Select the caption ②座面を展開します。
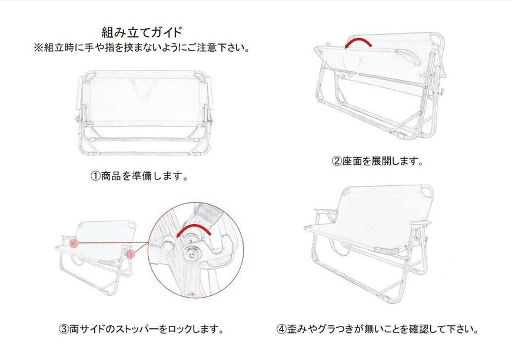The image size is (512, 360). (x=377, y=161)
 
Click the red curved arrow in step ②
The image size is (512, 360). (x=359, y=42)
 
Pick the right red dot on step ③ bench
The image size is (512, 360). (x=129, y=254)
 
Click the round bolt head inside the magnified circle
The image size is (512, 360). (x=191, y=254)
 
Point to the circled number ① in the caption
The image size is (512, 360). (x=95, y=176)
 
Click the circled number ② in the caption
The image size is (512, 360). (x=337, y=161)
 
